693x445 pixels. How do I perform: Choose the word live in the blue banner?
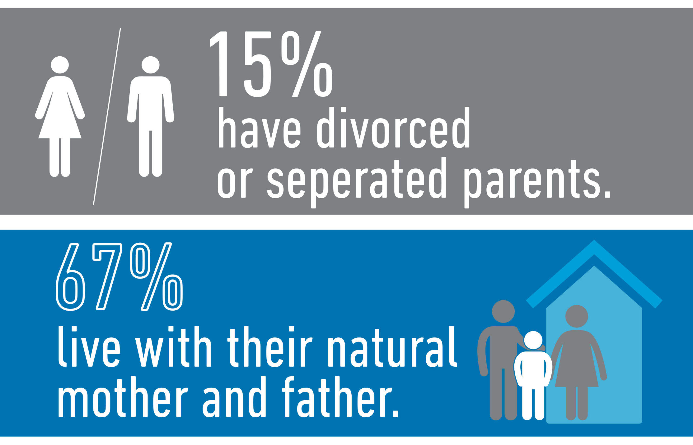(89, 346)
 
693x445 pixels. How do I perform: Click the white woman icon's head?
(60, 65)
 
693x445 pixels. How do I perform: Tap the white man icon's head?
(151, 65)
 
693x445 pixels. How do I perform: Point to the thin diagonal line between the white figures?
(107, 117)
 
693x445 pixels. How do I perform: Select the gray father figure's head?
(503, 311)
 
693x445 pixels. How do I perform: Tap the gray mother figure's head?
(577, 316)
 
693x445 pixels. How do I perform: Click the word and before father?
(234, 397)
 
